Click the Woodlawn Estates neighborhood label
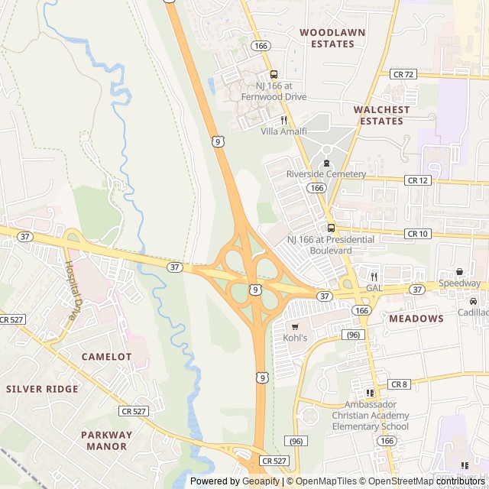(332, 38)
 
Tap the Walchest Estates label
(381, 115)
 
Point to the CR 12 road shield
(418, 180)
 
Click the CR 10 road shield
(418, 233)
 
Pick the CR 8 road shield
(400, 384)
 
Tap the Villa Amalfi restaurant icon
(283, 120)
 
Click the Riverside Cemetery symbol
(326, 163)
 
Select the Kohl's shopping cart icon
(295, 326)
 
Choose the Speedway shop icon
(460, 272)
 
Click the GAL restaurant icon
(374, 277)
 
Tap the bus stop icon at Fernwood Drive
(274, 74)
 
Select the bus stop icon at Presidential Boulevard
(330, 228)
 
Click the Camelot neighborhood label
(106, 357)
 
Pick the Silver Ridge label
(42, 389)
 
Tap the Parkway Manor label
(106, 440)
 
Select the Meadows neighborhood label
(416, 319)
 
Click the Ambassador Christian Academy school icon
(370, 393)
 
